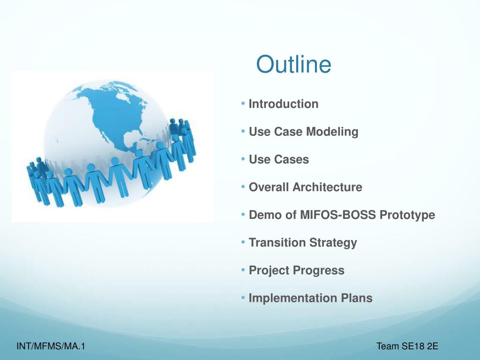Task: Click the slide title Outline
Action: (293, 64)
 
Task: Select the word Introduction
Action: (284, 104)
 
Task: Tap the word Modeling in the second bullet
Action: (332, 132)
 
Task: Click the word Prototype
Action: (407, 215)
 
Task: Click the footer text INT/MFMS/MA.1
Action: (51, 346)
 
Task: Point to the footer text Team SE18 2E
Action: (407, 346)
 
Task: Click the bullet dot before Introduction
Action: (243, 104)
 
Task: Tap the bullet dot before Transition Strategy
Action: (243, 242)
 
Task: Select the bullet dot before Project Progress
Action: (243, 270)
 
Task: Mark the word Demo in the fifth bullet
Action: (265, 215)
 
